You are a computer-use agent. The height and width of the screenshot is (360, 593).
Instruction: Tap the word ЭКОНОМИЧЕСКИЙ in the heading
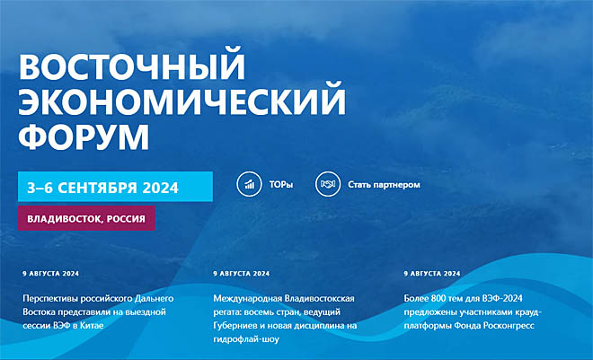181,100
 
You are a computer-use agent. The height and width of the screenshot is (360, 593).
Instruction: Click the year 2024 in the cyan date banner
160,188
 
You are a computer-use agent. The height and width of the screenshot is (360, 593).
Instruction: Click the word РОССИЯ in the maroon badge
126,219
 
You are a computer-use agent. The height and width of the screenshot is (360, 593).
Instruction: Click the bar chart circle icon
249,184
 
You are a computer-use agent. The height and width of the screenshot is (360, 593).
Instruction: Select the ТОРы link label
281,185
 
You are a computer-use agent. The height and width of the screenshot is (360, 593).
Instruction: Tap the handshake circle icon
328,184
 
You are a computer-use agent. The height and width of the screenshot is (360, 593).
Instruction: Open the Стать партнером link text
384,185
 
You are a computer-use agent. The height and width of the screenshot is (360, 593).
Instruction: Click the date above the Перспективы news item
50,274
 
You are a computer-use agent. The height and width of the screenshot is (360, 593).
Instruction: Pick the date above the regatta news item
242,274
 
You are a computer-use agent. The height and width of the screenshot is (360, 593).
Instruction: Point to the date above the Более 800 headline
432,274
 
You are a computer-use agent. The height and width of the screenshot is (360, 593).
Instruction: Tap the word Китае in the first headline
92,325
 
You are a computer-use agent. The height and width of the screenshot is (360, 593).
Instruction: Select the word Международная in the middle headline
248,299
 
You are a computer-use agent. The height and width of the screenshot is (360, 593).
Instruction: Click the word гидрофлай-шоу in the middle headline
246,339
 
